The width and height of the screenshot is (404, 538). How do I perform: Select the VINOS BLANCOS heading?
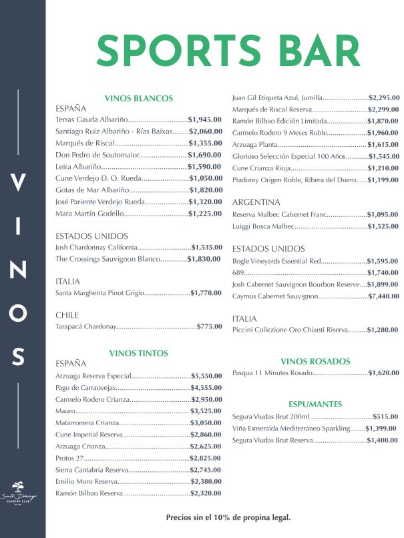(139, 98)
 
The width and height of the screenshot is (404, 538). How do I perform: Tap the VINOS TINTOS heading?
(138, 353)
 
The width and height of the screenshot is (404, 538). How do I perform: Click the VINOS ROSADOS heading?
(315, 361)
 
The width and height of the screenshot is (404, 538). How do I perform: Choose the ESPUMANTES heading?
(315, 404)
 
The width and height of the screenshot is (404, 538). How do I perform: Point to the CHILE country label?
(67, 314)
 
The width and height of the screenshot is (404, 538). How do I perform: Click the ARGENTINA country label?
(256, 202)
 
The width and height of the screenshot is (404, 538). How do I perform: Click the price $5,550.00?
(206, 376)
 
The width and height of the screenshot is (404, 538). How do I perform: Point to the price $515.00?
(385, 417)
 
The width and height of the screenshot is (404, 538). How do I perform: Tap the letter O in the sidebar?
(21, 312)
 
